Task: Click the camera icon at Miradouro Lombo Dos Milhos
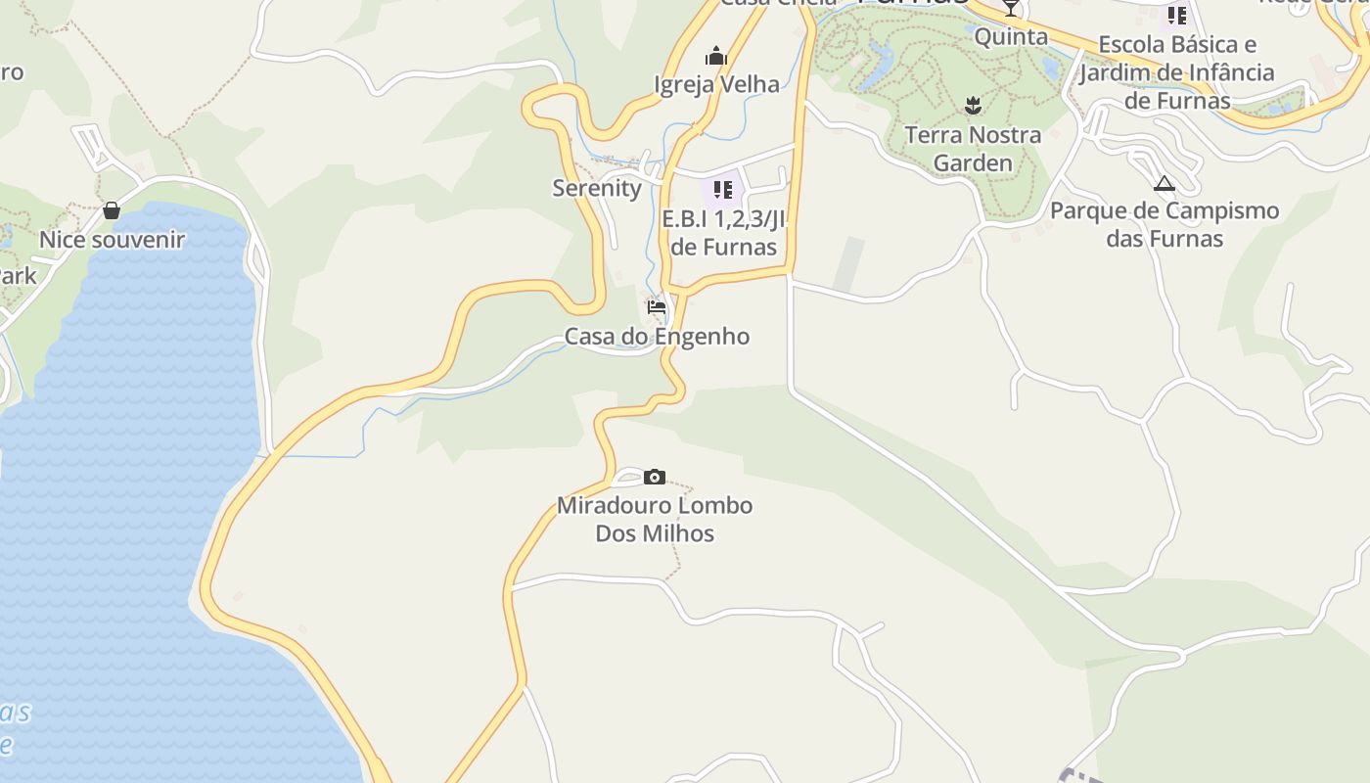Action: click(655, 478)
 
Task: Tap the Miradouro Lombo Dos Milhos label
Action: click(655, 520)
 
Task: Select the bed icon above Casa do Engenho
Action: click(657, 307)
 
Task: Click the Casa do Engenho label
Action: click(657, 337)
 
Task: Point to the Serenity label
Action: click(597, 188)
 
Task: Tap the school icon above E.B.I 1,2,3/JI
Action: click(723, 189)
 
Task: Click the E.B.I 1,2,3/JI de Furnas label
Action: click(723, 233)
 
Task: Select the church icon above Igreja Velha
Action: click(716, 57)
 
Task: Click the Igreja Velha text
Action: click(716, 84)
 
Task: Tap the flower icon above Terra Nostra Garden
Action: click(973, 105)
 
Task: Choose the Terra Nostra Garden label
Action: click(973, 148)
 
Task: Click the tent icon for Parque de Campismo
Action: click(1164, 183)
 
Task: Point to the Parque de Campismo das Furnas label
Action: click(1164, 224)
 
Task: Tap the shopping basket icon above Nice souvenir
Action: click(112, 210)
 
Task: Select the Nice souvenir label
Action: click(112, 240)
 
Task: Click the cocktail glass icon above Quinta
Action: click(1011, 9)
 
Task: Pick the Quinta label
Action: click(1011, 37)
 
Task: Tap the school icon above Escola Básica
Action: click(1177, 16)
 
